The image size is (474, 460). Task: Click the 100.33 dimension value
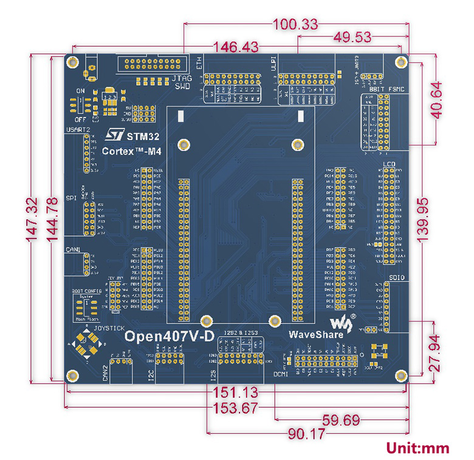pyautogui.click(x=296, y=25)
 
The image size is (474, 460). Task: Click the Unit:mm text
pyautogui.click(x=417, y=448)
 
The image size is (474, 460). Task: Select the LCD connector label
pyautogui.click(x=389, y=164)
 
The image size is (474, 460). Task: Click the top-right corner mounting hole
pyautogui.click(x=400, y=62)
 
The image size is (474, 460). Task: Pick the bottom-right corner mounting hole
pyautogui.click(x=400, y=375)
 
